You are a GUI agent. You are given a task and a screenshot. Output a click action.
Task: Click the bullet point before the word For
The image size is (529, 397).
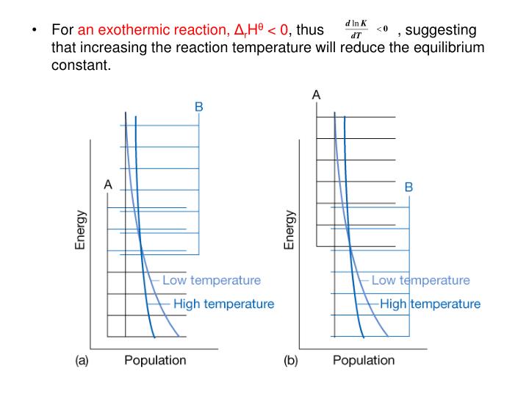pos(35,31)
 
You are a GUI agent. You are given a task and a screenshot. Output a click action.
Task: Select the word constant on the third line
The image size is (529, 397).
pos(80,65)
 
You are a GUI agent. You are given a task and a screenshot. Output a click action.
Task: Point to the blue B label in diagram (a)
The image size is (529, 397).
pos(198,107)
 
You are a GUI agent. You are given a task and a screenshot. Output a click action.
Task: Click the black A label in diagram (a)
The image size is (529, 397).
pos(108,185)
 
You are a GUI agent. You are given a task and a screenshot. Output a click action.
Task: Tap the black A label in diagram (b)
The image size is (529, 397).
pos(317,95)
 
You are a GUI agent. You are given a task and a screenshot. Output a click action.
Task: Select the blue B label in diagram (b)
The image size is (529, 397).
pos(409,187)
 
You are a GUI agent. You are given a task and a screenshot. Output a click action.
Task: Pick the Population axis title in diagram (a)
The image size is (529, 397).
pos(155,360)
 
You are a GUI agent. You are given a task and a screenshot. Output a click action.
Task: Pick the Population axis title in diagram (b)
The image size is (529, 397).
pos(364,360)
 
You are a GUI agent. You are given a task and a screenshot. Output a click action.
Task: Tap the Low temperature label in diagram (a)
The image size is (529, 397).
pos(212,280)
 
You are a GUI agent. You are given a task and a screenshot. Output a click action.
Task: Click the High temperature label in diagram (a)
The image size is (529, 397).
pos(224,304)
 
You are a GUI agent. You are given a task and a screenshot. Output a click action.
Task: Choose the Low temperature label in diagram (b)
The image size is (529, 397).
pos(420,280)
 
